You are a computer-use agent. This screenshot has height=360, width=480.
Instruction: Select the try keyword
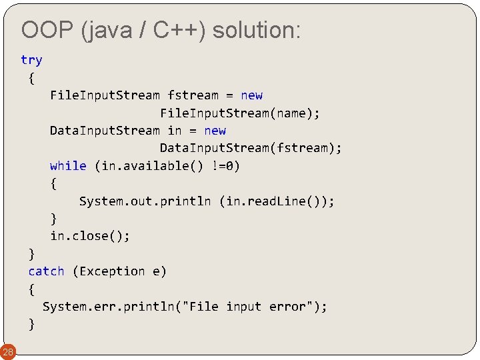coord(31,60)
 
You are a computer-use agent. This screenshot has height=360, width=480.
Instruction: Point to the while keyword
coord(68,166)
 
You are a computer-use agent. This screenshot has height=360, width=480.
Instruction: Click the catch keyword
coord(46,271)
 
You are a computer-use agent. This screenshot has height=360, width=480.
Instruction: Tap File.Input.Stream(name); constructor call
coord(240,113)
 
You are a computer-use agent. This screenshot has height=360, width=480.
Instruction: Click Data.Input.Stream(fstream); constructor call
coord(251,148)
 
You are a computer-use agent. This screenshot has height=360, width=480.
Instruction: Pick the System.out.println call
coord(145,201)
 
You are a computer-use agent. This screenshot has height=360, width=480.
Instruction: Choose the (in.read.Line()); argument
coord(277,201)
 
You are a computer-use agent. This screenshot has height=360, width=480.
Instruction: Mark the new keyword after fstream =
coord(251,95)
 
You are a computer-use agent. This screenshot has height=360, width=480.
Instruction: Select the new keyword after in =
coord(215,131)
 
